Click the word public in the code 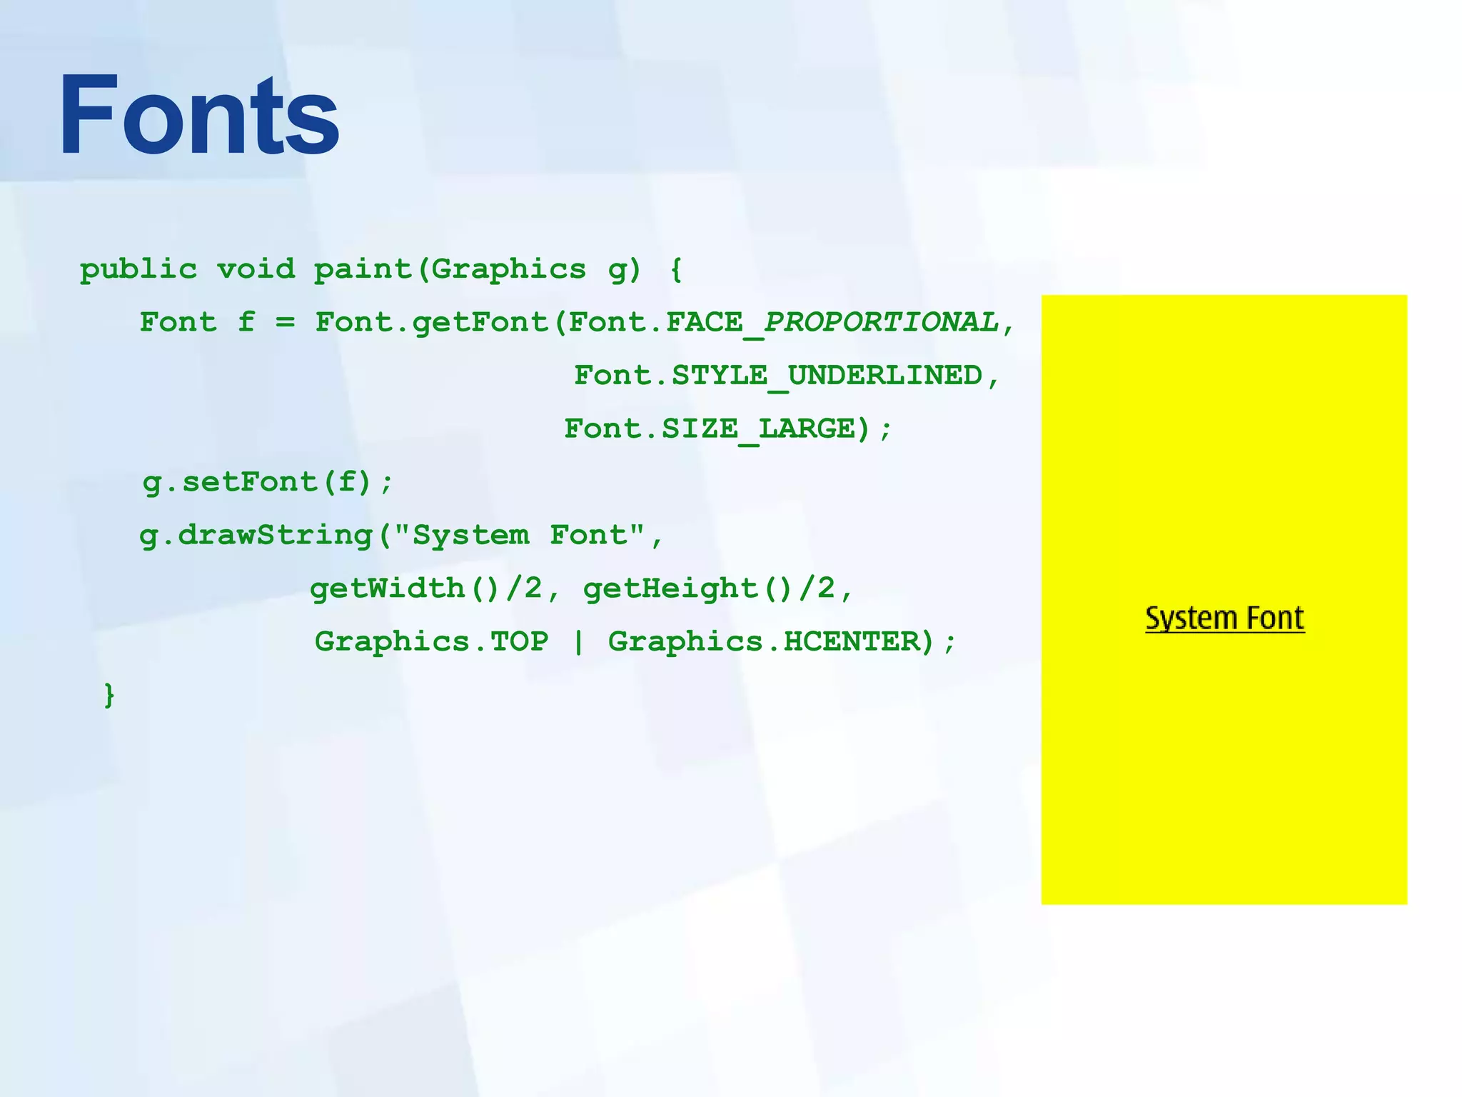(138, 270)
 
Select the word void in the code (256, 270)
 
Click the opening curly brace (676, 270)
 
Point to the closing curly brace (109, 694)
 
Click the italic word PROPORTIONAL (881, 323)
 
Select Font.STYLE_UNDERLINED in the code (778, 376)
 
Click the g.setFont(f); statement (268, 482)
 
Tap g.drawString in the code (256, 536)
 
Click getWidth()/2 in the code (426, 588)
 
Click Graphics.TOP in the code (432, 641)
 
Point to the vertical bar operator (578, 641)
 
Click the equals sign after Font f (285, 323)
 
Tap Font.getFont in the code (432, 323)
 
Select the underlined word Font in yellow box (1275, 618)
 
